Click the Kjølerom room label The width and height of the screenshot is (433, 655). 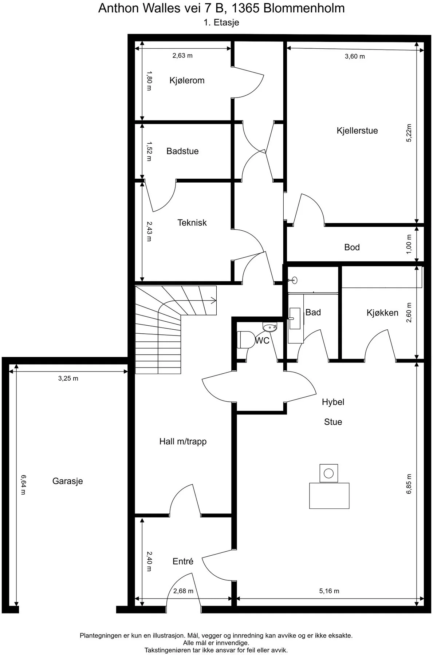coord(187,80)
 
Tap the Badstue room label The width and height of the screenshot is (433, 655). coord(182,151)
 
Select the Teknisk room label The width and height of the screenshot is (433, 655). coord(192,223)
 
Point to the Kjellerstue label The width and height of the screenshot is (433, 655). coord(357,131)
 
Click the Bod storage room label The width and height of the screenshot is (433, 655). coord(352,247)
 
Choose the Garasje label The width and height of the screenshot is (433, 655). coord(68,481)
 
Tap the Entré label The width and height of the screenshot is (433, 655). coord(183,561)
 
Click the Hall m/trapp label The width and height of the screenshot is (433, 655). coord(183,441)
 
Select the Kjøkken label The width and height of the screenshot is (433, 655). coord(382,313)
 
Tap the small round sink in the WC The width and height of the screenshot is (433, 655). coord(269,327)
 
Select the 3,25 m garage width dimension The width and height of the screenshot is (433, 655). coord(68,378)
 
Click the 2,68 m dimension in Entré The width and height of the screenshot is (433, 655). coord(183,591)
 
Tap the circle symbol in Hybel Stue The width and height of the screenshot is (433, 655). coord(328,473)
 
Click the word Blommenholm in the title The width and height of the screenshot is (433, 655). coord(304,8)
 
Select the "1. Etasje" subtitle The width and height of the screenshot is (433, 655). coord(221,23)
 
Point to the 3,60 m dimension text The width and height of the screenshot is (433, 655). coord(355,56)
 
